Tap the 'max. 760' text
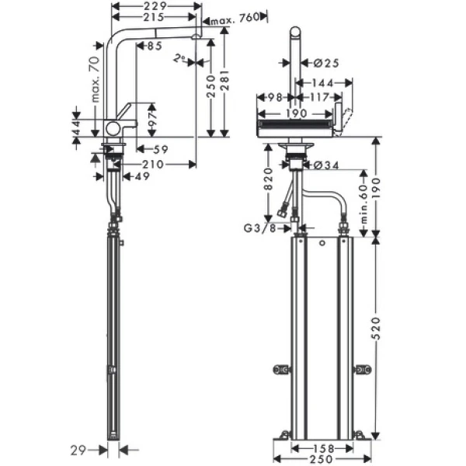click(x=234, y=19)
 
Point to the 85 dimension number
click(x=153, y=47)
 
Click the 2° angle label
click(x=179, y=57)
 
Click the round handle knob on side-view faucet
click(x=113, y=128)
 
